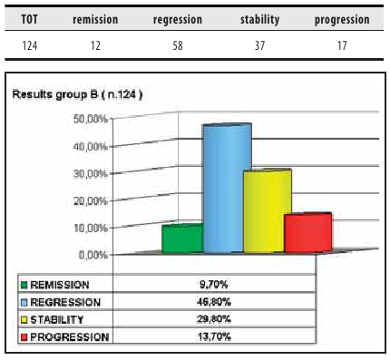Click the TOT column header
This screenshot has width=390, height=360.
click(x=29, y=20)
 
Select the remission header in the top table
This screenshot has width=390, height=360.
click(x=95, y=20)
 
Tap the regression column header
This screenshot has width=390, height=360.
click(x=178, y=20)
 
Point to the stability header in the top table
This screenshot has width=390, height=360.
click(x=259, y=20)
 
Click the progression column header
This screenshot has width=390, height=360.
click(x=342, y=20)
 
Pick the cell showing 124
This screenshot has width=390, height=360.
click(x=30, y=45)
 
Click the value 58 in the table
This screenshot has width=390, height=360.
click(x=178, y=45)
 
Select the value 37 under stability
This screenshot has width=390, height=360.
click(x=259, y=45)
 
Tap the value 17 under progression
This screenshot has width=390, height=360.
click(x=342, y=45)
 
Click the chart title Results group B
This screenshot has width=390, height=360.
click(x=77, y=94)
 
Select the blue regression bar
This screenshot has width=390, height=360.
click(x=227, y=188)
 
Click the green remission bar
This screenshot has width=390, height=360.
click(x=182, y=238)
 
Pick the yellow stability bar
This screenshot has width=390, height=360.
click(x=268, y=210)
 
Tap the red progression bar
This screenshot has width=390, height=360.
click(x=307, y=232)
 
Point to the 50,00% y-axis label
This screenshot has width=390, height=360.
click(x=91, y=119)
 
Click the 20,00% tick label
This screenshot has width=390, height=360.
click(x=91, y=200)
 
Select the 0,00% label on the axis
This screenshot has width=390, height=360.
click(x=93, y=255)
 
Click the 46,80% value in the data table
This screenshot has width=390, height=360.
click(x=214, y=302)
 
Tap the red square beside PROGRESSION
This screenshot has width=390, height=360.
click(x=24, y=337)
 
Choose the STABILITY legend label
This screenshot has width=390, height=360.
click(x=57, y=320)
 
